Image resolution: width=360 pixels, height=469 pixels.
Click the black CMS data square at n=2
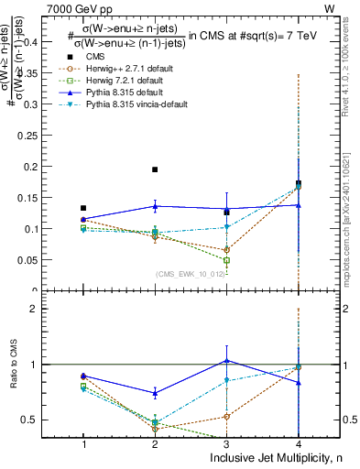pyautogui.click(x=155, y=169)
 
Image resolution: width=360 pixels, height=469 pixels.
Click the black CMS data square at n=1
pyautogui.click(x=83, y=208)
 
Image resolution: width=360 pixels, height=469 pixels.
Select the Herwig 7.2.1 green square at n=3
pyautogui.click(x=226, y=260)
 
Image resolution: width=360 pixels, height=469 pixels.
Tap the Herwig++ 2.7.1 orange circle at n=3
pyautogui.click(x=226, y=249)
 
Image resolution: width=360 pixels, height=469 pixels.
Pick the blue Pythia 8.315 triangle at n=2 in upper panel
pyautogui.click(x=155, y=206)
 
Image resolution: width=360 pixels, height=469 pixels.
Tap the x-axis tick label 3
pyautogui.click(x=226, y=444)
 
